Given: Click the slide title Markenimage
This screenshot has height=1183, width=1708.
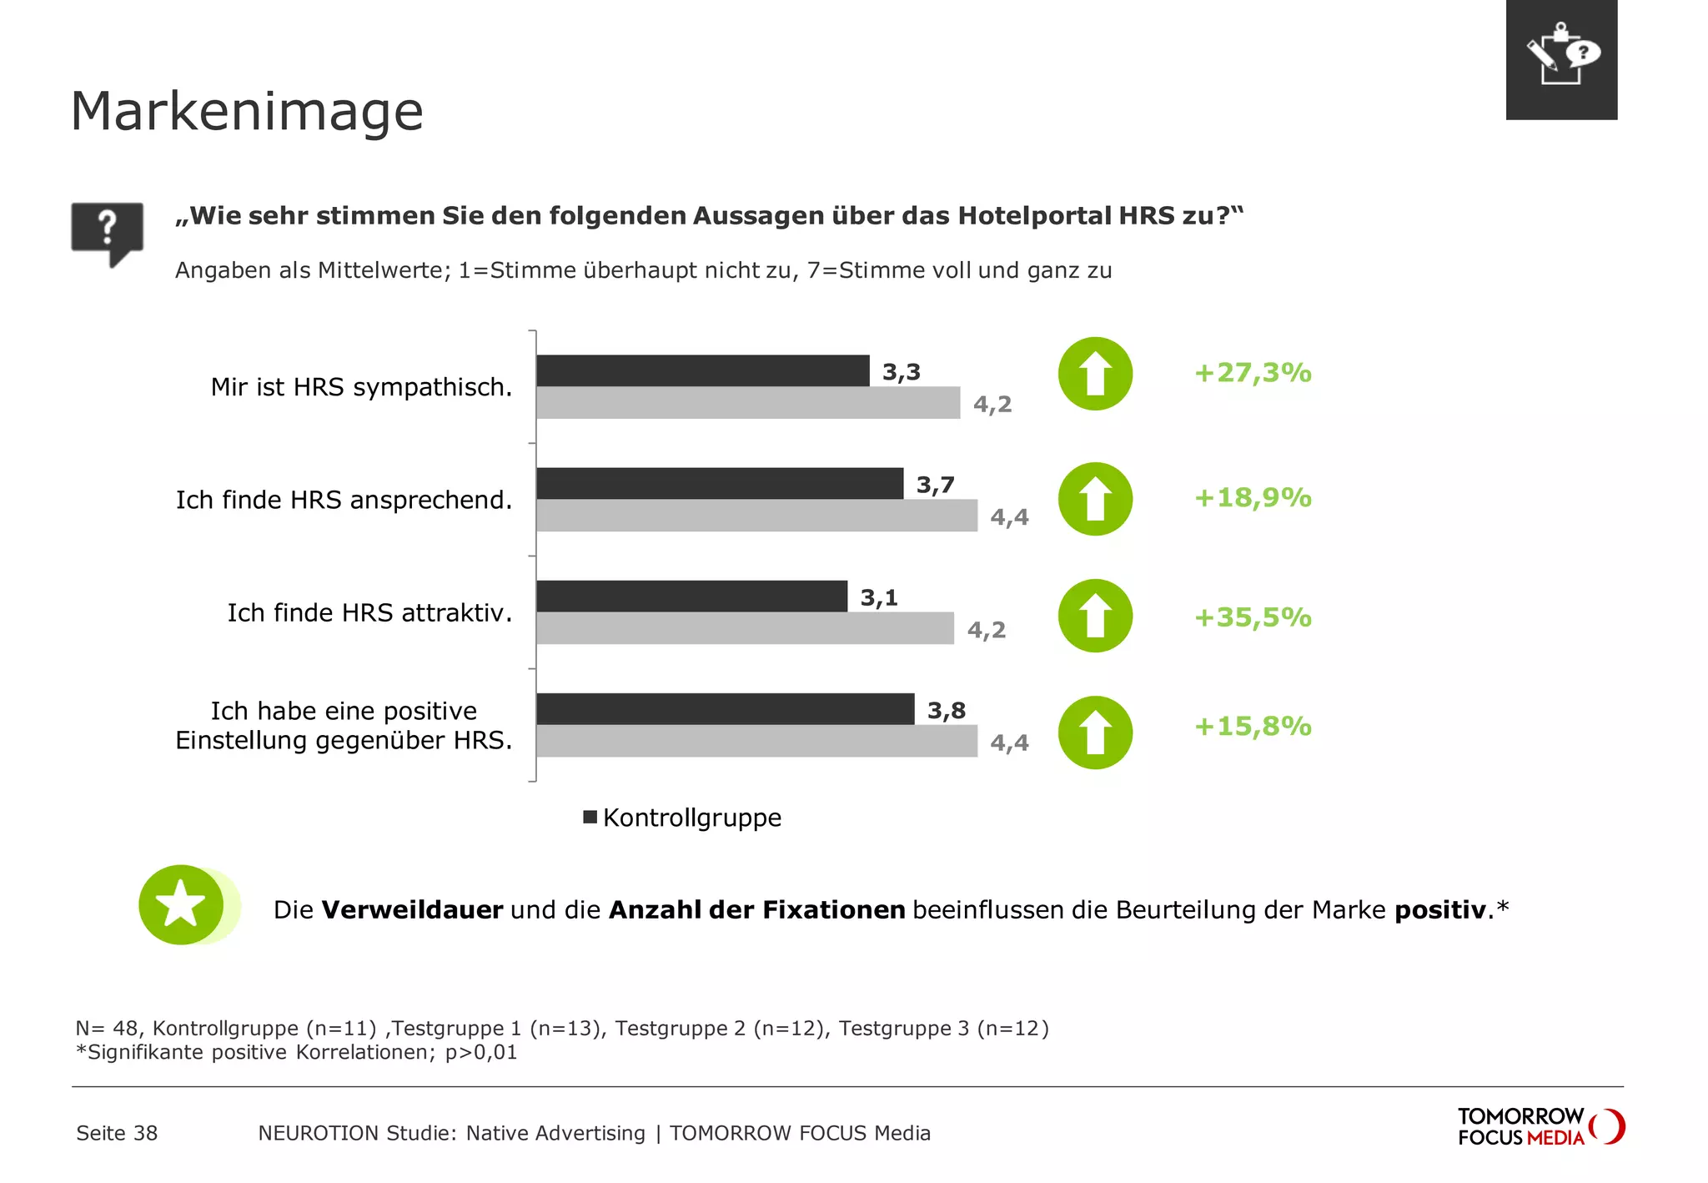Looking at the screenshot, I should click(247, 112).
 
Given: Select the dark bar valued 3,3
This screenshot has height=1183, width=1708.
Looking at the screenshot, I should click(702, 370).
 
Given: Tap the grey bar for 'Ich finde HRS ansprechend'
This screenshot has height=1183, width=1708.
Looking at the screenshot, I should click(756, 516).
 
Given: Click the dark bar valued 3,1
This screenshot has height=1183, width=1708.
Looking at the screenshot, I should click(691, 596).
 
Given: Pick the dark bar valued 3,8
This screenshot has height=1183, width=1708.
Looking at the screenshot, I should click(725, 709).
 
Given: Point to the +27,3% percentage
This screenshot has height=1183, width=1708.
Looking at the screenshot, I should click(1253, 372).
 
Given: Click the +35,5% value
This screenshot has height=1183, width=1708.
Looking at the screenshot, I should click(1253, 617).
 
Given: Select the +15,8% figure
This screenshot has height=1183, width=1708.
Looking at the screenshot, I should click(1253, 726).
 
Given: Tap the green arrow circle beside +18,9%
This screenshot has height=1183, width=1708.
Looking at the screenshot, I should click(1095, 499).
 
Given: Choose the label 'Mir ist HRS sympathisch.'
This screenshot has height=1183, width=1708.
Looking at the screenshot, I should click(361, 387).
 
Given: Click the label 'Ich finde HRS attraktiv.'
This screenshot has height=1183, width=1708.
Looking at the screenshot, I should click(369, 613).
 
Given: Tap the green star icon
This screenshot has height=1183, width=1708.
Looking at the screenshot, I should click(182, 905).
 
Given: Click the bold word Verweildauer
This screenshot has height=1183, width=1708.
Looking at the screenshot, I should click(412, 909).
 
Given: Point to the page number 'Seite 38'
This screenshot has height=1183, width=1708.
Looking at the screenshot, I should click(117, 1133).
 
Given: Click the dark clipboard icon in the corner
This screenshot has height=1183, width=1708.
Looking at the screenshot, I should click(1561, 59).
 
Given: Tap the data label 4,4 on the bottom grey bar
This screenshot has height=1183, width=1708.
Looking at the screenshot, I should click(1009, 743).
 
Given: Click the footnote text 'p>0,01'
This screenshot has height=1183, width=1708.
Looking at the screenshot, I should click(481, 1052).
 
